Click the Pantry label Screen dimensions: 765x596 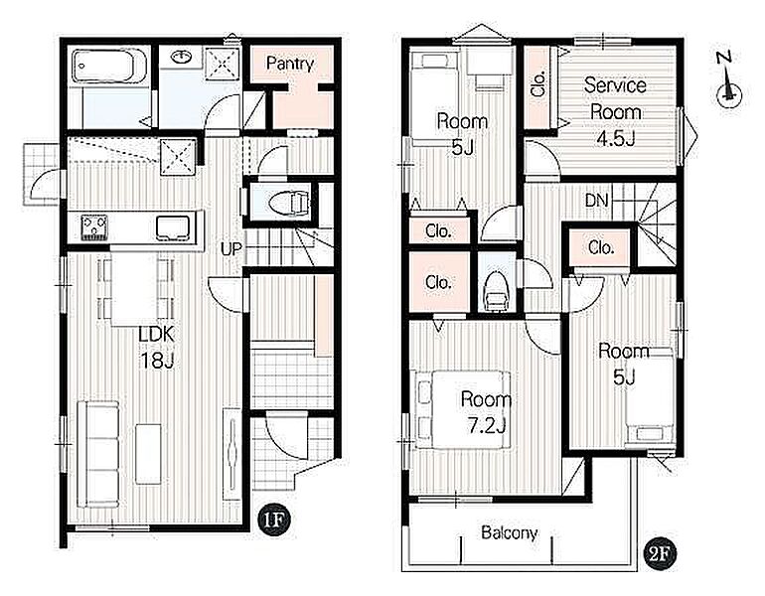[290, 64]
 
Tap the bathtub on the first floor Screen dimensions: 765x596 [109, 66]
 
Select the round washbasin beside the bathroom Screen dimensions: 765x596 [182, 57]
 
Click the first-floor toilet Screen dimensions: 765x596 [288, 202]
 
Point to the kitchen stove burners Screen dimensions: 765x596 [94, 227]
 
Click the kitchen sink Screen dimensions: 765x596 [172, 228]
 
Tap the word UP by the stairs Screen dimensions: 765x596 [230, 249]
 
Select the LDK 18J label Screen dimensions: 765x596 [157, 348]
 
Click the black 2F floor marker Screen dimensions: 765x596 [662, 554]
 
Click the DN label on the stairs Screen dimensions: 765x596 [597, 200]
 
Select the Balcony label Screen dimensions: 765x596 [510, 532]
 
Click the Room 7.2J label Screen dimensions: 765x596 [486, 412]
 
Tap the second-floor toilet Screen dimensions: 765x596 [496, 293]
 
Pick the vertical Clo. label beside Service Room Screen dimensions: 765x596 [538, 83]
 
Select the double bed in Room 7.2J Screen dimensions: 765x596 [463, 409]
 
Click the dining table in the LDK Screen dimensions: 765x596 [135, 289]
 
